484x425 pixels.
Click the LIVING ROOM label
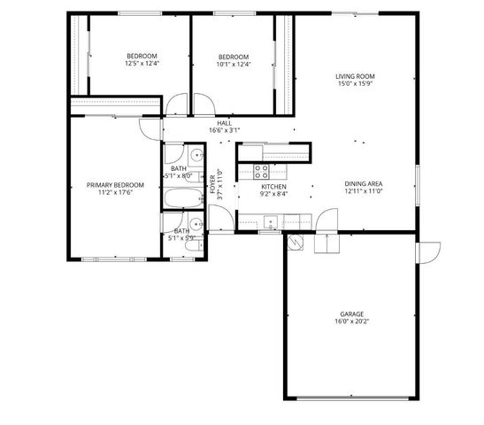pos(355,77)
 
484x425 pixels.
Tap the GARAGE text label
pos(351,313)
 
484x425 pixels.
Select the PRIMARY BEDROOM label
pos(109,184)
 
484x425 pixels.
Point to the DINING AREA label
pos(363,183)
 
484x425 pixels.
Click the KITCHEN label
pos(273,187)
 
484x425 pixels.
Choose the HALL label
pos(224,123)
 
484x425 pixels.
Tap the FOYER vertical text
pos(213,185)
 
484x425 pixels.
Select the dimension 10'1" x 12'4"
pos(234,64)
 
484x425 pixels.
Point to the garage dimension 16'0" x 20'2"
pos(351,321)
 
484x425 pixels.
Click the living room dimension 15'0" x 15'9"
pos(355,85)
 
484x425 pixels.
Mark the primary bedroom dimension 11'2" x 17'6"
pos(109,192)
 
